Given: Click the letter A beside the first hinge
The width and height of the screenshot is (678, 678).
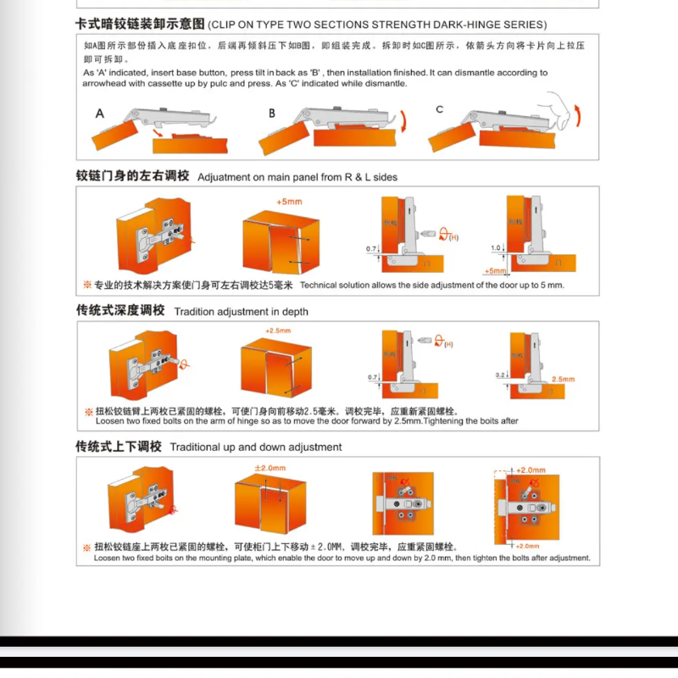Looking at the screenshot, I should pos(100,113).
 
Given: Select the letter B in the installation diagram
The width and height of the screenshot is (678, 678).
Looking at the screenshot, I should pos(272,113).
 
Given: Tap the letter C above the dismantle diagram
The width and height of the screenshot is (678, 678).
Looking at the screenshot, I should pos(439,109).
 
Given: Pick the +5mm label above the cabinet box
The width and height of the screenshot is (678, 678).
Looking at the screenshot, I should pos(289,202).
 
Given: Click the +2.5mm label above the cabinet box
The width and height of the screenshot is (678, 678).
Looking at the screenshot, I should pos(278,330).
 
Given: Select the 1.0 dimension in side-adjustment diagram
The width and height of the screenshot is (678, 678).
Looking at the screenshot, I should pos(496,248).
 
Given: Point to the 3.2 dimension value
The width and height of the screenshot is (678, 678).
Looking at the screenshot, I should pos(500,374).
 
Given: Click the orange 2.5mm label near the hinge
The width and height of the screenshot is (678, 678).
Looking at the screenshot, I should pos(563,379).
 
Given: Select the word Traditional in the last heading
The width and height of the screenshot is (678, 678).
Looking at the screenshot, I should pos(196,447).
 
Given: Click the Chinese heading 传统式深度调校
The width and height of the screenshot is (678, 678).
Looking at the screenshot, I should pos(120,310).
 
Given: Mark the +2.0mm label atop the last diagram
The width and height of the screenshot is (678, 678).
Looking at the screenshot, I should pos(530,470).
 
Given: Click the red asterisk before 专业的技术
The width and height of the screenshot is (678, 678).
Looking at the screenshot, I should pos(87,285).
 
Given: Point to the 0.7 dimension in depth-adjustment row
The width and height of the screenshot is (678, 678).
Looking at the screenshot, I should pos(372,377).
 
